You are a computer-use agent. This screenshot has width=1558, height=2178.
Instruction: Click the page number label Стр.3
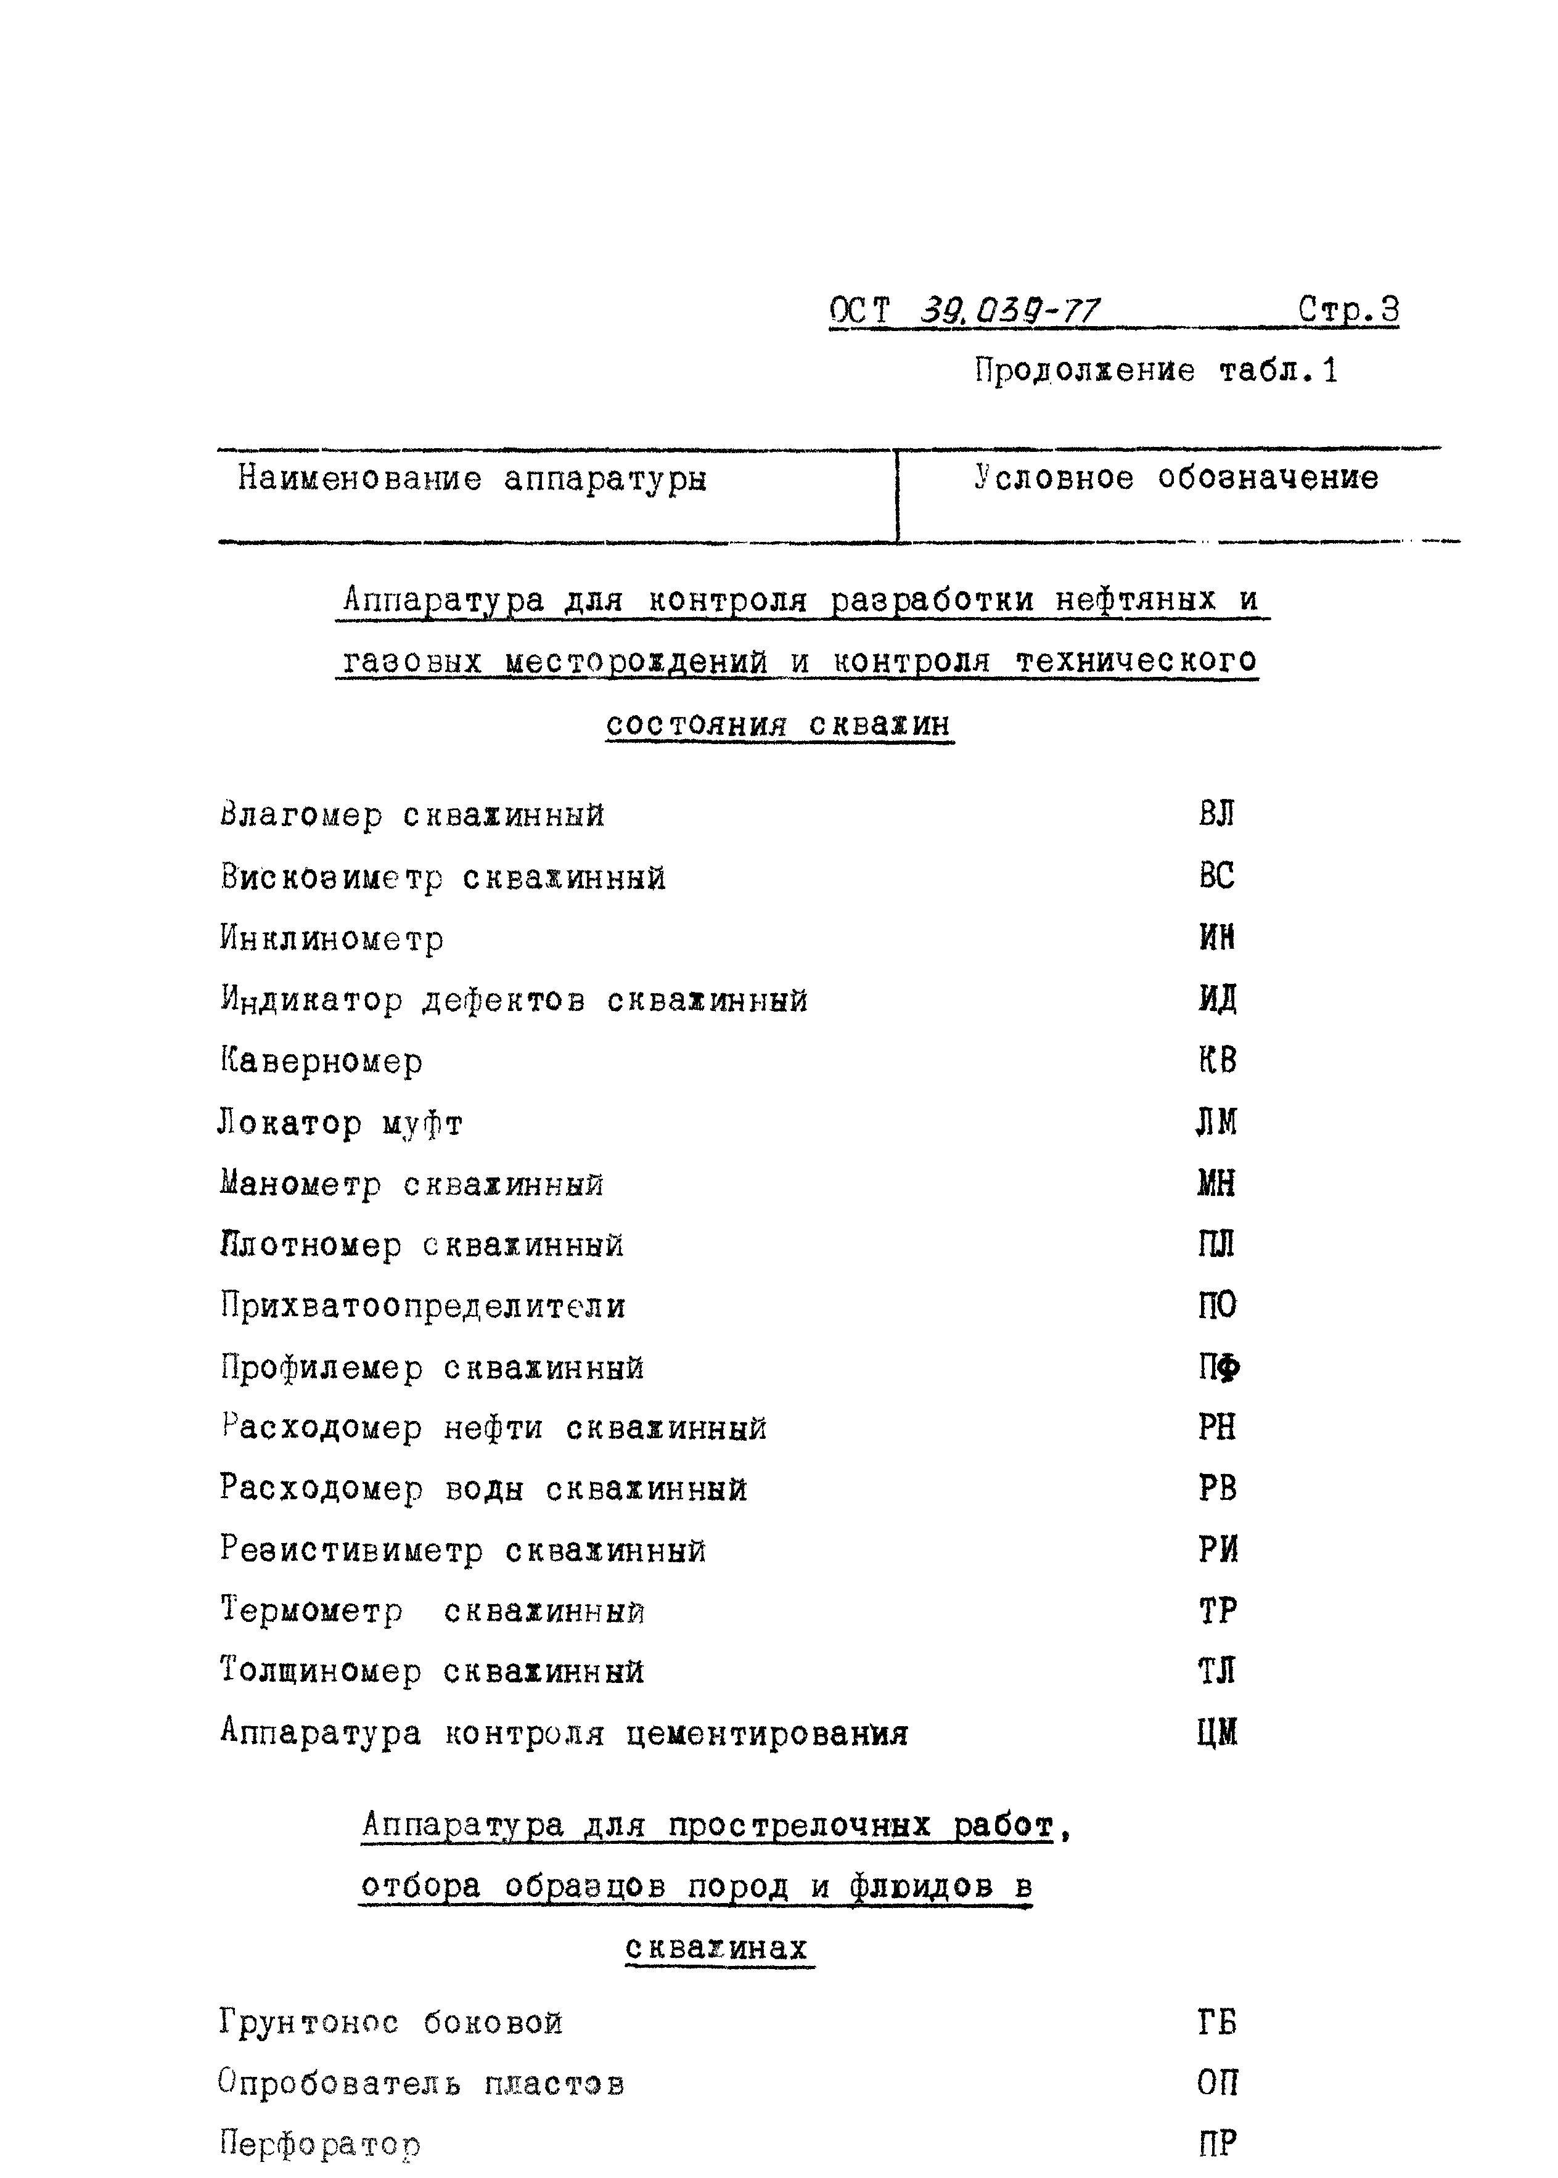coord(1348,309)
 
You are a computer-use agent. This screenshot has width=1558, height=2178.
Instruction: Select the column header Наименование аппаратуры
coord(472,478)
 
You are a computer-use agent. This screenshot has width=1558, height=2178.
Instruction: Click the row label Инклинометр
coord(332,938)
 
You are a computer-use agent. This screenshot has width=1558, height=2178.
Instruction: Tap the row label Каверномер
coord(321,1061)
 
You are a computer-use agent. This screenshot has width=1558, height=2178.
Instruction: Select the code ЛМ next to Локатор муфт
coord(1216,1122)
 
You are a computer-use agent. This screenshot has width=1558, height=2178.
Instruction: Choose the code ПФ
coord(1218,1367)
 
